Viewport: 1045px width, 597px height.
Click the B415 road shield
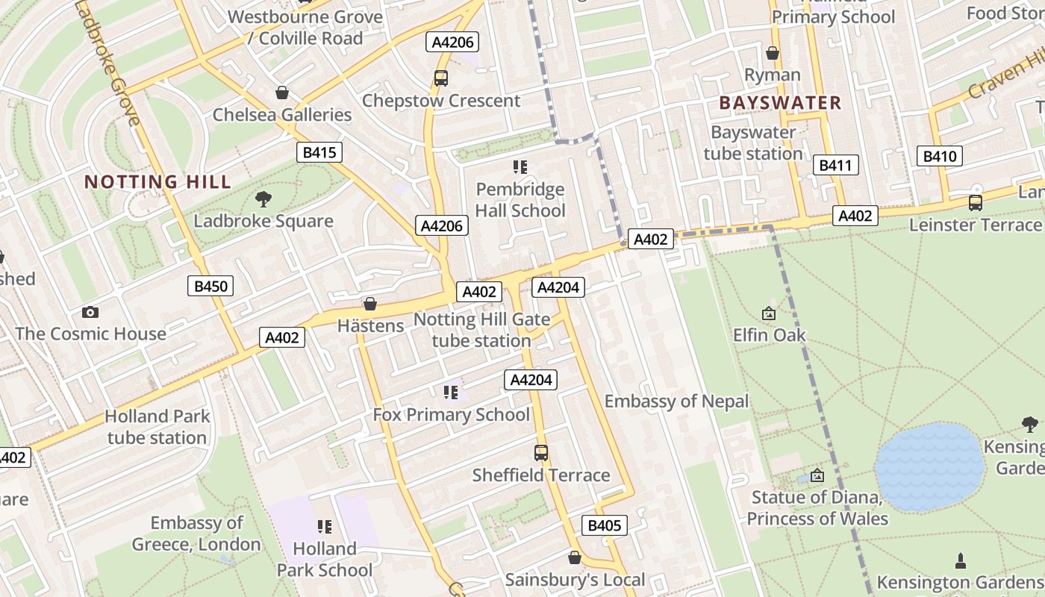pos(319,153)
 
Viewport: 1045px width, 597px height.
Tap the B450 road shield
pos(210,286)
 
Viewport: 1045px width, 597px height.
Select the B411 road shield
pos(835,166)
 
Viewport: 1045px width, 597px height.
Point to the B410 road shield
pos(939,156)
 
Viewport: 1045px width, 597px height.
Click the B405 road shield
pos(604,525)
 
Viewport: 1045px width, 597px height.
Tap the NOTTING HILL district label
pos(157,181)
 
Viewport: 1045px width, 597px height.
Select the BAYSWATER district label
pos(780,103)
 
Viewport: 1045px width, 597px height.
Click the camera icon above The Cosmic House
pos(90,312)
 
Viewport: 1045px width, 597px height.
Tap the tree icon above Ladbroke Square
pos(263,199)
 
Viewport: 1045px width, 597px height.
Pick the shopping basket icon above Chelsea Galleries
pos(282,93)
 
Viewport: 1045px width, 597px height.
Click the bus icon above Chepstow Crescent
pos(441,78)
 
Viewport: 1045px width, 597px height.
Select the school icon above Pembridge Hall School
pos(520,167)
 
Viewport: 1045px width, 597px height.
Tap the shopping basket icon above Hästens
pos(369,304)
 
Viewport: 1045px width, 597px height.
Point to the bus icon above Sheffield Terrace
pos(541,453)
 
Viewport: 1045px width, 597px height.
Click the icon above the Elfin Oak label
pos(769,313)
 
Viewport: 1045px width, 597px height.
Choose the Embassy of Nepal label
pos(676,401)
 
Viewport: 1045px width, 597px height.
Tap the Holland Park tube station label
pos(157,427)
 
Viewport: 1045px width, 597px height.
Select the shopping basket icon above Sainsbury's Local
pos(575,557)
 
